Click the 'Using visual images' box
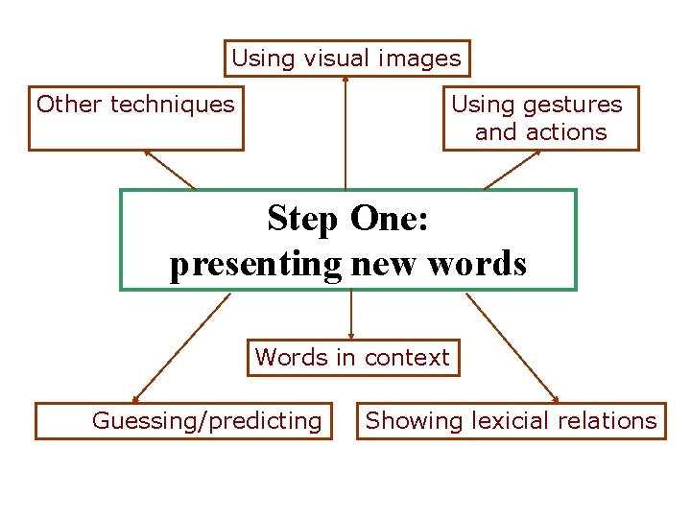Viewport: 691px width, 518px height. pyautogui.click(x=346, y=59)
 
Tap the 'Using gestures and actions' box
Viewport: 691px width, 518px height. pyautogui.click(x=540, y=118)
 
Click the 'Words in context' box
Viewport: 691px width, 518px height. pyautogui.click(x=352, y=358)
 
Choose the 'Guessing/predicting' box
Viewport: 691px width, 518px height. pyautogui.click(x=183, y=420)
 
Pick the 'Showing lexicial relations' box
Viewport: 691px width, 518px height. pyautogui.click(x=511, y=420)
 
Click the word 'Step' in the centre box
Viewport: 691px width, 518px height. pyautogui.click(x=303, y=219)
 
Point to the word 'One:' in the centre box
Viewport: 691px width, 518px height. pyautogui.click(x=390, y=219)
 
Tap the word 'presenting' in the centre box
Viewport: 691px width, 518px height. pyautogui.click(x=255, y=263)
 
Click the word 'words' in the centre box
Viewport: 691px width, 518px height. pyautogui.click(x=477, y=263)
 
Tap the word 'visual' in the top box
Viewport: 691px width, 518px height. pyautogui.click(x=339, y=59)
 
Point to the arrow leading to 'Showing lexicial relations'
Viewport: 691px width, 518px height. pyautogui.click(x=512, y=347)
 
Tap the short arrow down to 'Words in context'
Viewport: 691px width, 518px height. pyautogui.click(x=351, y=315)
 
